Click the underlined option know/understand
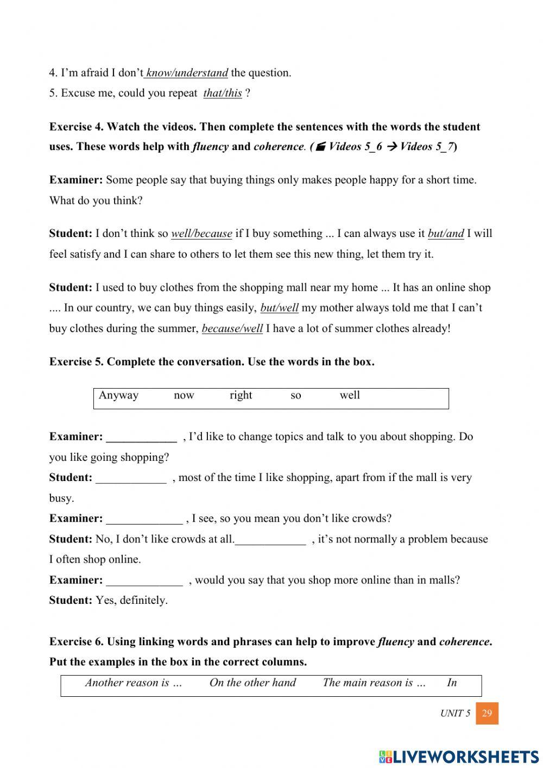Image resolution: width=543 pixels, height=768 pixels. coord(186,73)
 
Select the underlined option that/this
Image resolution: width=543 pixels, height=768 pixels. coord(223,93)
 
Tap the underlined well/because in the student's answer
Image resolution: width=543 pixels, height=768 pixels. coord(201,234)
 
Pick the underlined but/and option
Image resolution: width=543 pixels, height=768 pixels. coord(446,234)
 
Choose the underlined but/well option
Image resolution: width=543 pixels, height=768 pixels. coord(279,308)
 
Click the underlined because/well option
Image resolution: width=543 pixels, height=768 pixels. coord(232,329)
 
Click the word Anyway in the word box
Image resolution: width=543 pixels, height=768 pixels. coord(118,395)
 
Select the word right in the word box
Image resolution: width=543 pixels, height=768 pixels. coord(241,395)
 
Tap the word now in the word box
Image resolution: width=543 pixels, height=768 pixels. coord(184,395)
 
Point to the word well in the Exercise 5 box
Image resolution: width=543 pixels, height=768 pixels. coord(350,395)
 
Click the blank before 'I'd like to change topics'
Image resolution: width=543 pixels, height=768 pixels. coord(141,437)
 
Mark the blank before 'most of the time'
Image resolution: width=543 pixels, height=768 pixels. coord(131,478)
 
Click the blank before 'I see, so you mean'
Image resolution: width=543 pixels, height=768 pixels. coord(144,519)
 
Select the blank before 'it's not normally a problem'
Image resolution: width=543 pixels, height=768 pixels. coord(270,540)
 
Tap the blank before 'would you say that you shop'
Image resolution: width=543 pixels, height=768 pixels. coord(144,580)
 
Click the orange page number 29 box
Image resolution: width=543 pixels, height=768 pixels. coord(487,713)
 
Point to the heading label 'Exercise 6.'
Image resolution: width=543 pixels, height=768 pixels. coord(76,642)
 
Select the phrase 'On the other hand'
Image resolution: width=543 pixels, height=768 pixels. coord(252,683)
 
